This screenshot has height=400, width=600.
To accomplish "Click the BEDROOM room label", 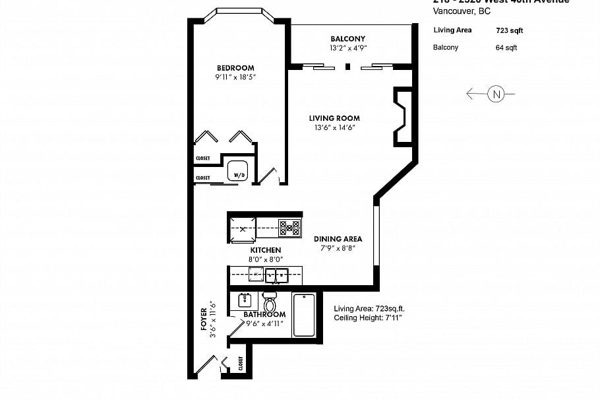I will click(x=235, y=68).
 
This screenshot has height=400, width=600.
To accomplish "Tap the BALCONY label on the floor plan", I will click(x=347, y=39).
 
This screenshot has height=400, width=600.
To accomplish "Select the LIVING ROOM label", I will click(x=334, y=119).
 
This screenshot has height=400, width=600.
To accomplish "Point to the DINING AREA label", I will click(x=338, y=239).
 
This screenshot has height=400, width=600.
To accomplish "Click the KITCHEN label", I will click(x=265, y=250).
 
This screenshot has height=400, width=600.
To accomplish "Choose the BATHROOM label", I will click(x=264, y=314).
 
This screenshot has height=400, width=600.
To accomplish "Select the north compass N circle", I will click(x=496, y=94).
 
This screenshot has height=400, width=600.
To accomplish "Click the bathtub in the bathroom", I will click(x=304, y=316).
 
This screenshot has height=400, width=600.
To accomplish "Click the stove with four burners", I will click(x=289, y=228).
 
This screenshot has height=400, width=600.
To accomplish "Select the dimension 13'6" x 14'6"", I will click(x=334, y=128).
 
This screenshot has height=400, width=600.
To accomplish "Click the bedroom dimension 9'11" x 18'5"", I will click(x=235, y=77).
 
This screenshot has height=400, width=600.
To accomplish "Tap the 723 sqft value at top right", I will click(x=509, y=30).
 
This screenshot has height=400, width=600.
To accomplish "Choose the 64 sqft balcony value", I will click(x=506, y=48).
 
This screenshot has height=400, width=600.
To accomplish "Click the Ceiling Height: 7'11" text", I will click(x=368, y=318).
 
